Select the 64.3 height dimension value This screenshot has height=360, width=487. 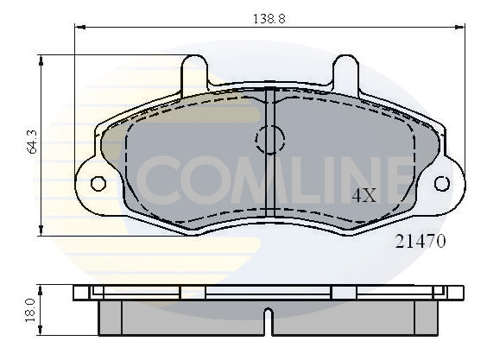tap(31, 142)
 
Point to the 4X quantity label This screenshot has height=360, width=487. tap(364, 195)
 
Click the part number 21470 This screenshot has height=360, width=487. tap(421, 243)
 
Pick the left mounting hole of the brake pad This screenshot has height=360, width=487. tap(98, 183)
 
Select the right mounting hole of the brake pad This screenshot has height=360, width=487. tap(441, 183)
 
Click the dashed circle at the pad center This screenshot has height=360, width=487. tap(270, 138)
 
